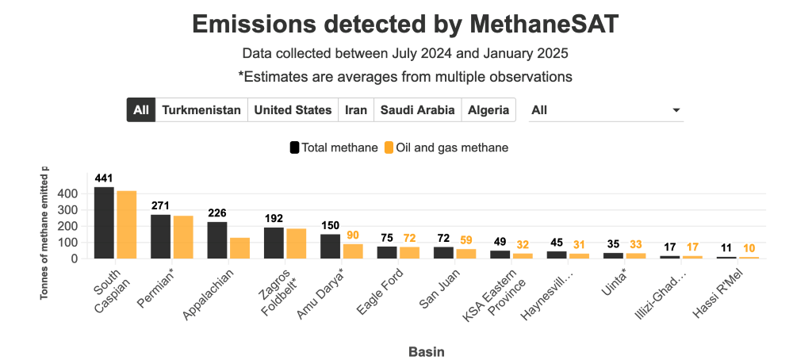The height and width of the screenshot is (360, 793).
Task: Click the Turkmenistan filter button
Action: (x=201, y=110)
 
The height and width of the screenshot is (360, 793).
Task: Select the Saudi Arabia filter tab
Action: (x=417, y=110)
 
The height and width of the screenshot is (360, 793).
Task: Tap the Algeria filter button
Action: (x=488, y=110)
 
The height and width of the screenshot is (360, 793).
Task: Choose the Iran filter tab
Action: (x=356, y=110)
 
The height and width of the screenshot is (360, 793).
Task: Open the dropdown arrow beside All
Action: (x=676, y=110)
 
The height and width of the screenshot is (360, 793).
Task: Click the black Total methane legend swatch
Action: (x=294, y=147)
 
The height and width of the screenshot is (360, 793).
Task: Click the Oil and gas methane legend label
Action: (x=452, y=147)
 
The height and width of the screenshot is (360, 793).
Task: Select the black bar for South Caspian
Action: (x=104, y=223)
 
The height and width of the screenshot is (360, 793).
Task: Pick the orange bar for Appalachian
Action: (x=240, y=248)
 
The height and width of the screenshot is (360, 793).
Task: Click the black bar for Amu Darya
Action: (x=330, y=246)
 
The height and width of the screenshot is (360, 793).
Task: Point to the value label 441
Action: (x=104, y=178)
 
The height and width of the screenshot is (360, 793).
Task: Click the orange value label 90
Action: (x=353, y=235)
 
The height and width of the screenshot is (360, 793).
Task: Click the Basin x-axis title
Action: (x=426, y=350)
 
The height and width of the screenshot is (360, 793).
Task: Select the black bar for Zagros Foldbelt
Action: (x=274, y=243)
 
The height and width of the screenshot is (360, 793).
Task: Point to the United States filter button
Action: (x=293, y=110)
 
